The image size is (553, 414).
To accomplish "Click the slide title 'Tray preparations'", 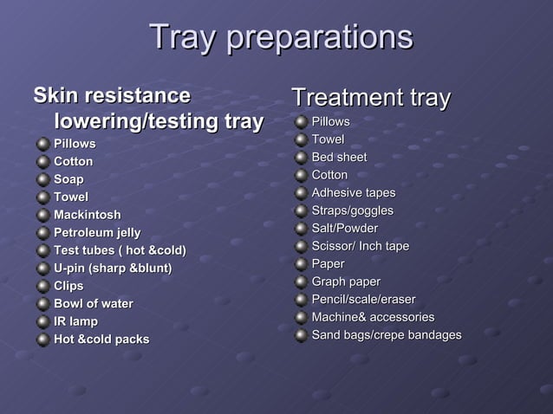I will click(280, 37).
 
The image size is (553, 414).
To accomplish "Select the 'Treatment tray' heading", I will click(370, 97).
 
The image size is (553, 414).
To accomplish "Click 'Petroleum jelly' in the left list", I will click(97, 232).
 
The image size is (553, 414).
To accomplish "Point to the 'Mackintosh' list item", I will click(88, 215).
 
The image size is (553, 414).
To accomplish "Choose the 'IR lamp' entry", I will click(75, 321).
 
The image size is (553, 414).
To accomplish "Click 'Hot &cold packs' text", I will click(101, 339).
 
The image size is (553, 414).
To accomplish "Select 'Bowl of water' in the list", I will click(94, 303).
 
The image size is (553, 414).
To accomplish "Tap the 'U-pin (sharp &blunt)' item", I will click(113, 268).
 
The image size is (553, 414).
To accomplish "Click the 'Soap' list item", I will click(68, 179).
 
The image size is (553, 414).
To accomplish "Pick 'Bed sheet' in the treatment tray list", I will click(339, 157).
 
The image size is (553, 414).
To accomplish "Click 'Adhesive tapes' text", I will click(353, 192).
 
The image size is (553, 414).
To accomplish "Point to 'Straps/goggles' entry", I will click(352, 210).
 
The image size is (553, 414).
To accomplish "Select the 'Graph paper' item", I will click(346, 281).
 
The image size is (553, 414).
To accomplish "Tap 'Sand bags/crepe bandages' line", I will click(386, 334).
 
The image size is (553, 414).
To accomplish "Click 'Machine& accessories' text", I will click(373, 317).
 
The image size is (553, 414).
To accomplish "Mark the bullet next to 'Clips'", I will click(42, 286).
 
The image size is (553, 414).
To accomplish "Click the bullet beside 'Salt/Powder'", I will click(300, 229).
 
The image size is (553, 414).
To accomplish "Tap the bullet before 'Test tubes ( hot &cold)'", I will click(42, 250).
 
